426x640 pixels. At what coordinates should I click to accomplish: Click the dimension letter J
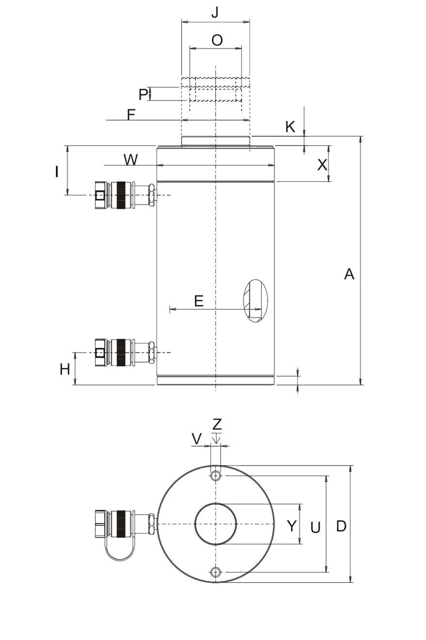tap(215, 12)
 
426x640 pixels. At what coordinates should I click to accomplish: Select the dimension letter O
tap(217, 40)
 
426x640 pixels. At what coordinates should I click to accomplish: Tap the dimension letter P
tap(143, 95)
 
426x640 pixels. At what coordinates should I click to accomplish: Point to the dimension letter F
tap(131, 115)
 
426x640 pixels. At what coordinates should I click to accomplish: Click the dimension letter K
tap(290, 127)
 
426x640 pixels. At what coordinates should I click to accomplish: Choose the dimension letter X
tap(323, 165)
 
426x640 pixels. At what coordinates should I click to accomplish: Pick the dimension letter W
tap(131, 159)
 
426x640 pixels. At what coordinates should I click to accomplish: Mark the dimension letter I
tap(57, 172)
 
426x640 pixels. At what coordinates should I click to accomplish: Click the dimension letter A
tap(349, 274)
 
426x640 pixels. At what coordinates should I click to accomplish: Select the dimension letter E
tap(198, 301)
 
